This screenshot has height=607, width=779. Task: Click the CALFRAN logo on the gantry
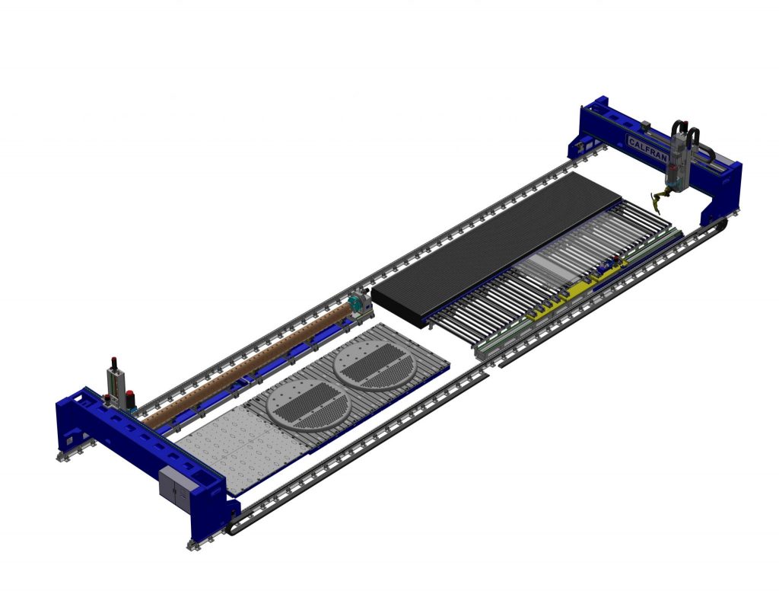point(648,149)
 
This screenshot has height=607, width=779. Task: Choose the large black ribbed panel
point(497,249)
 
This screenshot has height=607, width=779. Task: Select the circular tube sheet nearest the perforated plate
point(307,404)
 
